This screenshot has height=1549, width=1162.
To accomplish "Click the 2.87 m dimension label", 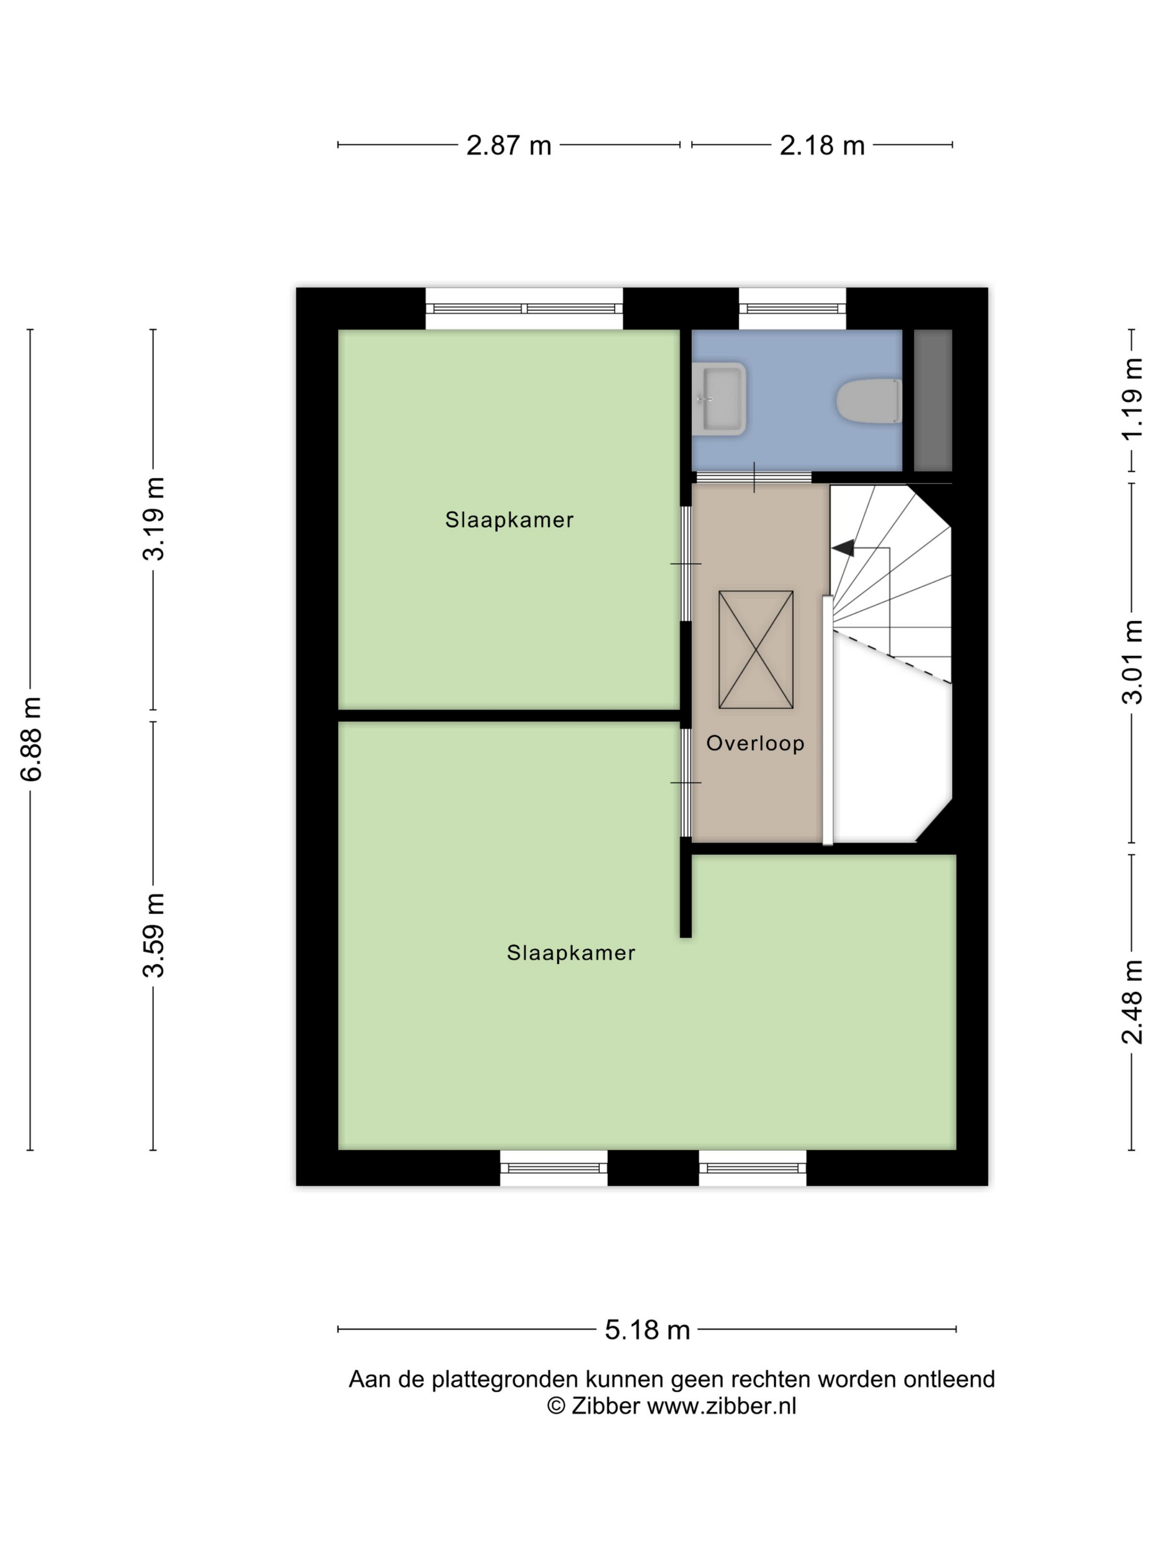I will pyautogui.click(x=509, y=145).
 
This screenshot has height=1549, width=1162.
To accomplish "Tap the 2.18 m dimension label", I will pyautogui.click(x=822, y=145).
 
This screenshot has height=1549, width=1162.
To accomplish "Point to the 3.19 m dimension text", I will pyautogui.click(x=154, y=519).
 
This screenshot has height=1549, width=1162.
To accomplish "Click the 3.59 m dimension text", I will pyautogui.click(x=154, y=935).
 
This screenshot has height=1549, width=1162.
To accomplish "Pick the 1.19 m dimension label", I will pyautogui.click(x=1132, y=399).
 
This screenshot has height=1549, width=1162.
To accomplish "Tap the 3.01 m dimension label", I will pyautogui.click(x=1132, y=662).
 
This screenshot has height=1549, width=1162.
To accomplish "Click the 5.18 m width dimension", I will pyautogui.click(x=647, y=1330).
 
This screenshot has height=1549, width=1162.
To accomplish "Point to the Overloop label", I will pyautogui.click(x=755, y=744).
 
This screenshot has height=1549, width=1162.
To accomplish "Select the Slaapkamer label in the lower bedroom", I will pyautogui.click(x=571, y=953).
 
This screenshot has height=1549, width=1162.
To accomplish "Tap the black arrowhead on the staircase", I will pyautogui.click(x=844, y=548).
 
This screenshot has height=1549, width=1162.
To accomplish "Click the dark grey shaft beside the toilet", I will pyautogui.click(x=932, y=400).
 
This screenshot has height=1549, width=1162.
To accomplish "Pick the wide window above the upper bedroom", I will pyautogui.click(x=524, y=308).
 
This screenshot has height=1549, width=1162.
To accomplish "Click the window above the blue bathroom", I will pyautogui.click(x=792, y=308).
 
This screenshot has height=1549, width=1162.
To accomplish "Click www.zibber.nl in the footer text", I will pyautogui.click(x=722, y=1406).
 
